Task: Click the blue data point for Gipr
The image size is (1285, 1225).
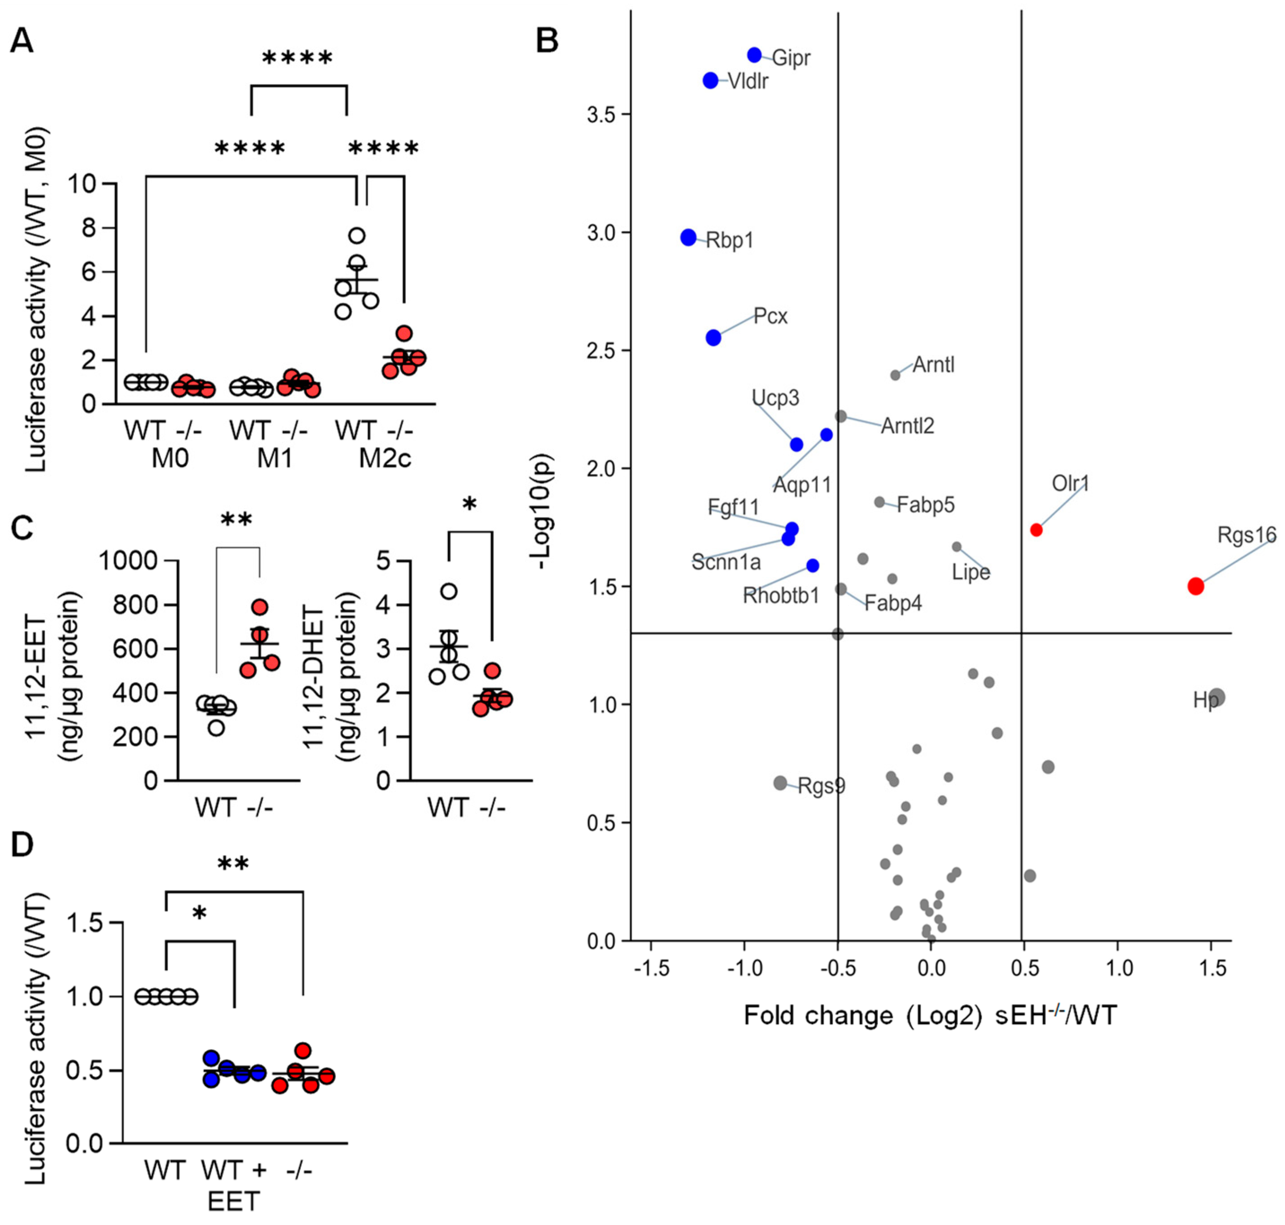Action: pyautogui.click(x=755, y=55)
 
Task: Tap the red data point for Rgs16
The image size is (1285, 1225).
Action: pyautogui.click(x=1196, y=586)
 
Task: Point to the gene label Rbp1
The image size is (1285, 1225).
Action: pyautogui.click(x=730, y=240)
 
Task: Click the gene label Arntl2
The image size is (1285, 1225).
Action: pyautogui.click(x=907, y=426)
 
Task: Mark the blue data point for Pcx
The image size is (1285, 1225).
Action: pyautogui.click(x=713, y=338)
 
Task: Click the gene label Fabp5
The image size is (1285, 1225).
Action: pyautogui.click(x=926, y=505)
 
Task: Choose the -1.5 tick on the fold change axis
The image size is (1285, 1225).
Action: pyautogui.click(x=651, y=969)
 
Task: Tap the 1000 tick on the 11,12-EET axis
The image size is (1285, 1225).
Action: pyautogui.click(x=128, y=560)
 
